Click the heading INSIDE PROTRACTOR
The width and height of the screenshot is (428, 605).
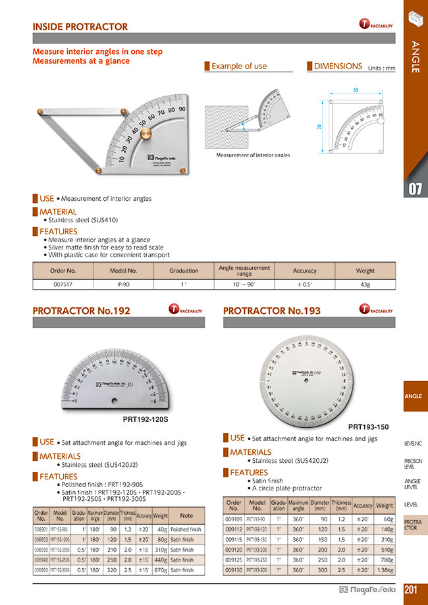[x=80, y=27]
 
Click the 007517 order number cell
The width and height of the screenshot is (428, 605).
[x=63, y=284]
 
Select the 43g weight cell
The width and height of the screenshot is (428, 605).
[x=365, y=284]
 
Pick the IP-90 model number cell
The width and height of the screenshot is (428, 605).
[x=123, y=284]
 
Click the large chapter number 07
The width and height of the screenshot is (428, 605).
[x=414, y=190]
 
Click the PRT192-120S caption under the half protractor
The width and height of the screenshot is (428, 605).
[x=146, y=419]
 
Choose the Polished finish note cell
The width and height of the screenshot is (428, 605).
[x=186, y=529]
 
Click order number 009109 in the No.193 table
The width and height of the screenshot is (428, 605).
[x=234, y=519]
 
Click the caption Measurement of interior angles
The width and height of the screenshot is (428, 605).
[x=253, y=155]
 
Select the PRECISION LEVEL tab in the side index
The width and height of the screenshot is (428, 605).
[x=413, y=463]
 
